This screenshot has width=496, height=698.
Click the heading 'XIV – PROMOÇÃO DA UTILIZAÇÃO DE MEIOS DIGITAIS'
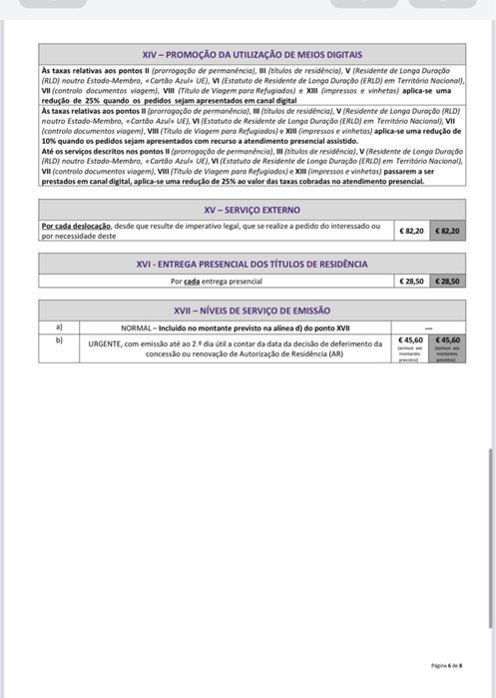pyautogui.click(x=251, y=54)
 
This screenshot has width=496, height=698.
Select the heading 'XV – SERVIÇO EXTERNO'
pyautogui.click(x=251, y=211)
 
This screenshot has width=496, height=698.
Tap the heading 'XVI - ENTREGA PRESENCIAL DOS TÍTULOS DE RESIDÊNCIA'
pyautogui.click(x=251, y=264)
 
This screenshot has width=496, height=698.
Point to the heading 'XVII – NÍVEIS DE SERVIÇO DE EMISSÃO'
pyautogui.click(x=251, y=311)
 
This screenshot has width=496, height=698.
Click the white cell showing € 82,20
pyautogui.click(x=412, y=231)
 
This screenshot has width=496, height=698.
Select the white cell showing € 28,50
pyautogui.click(x=412, y=282)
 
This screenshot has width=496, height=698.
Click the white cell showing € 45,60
pyautogui.click(x=411, y=340)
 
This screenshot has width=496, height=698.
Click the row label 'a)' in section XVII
pyautogui.click(x=59, y=327)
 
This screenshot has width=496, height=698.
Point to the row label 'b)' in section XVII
pyautogui.click(x=59, y=340)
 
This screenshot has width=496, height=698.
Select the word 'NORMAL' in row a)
pyautogui.click(x=136, y=328)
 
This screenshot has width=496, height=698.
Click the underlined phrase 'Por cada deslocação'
pyautogui.click(x=76, y=227)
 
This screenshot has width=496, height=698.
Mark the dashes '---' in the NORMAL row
pyautogui.click(x=429, y=328)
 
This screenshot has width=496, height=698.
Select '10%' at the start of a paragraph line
pyautogui.click(x=49, y=142)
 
